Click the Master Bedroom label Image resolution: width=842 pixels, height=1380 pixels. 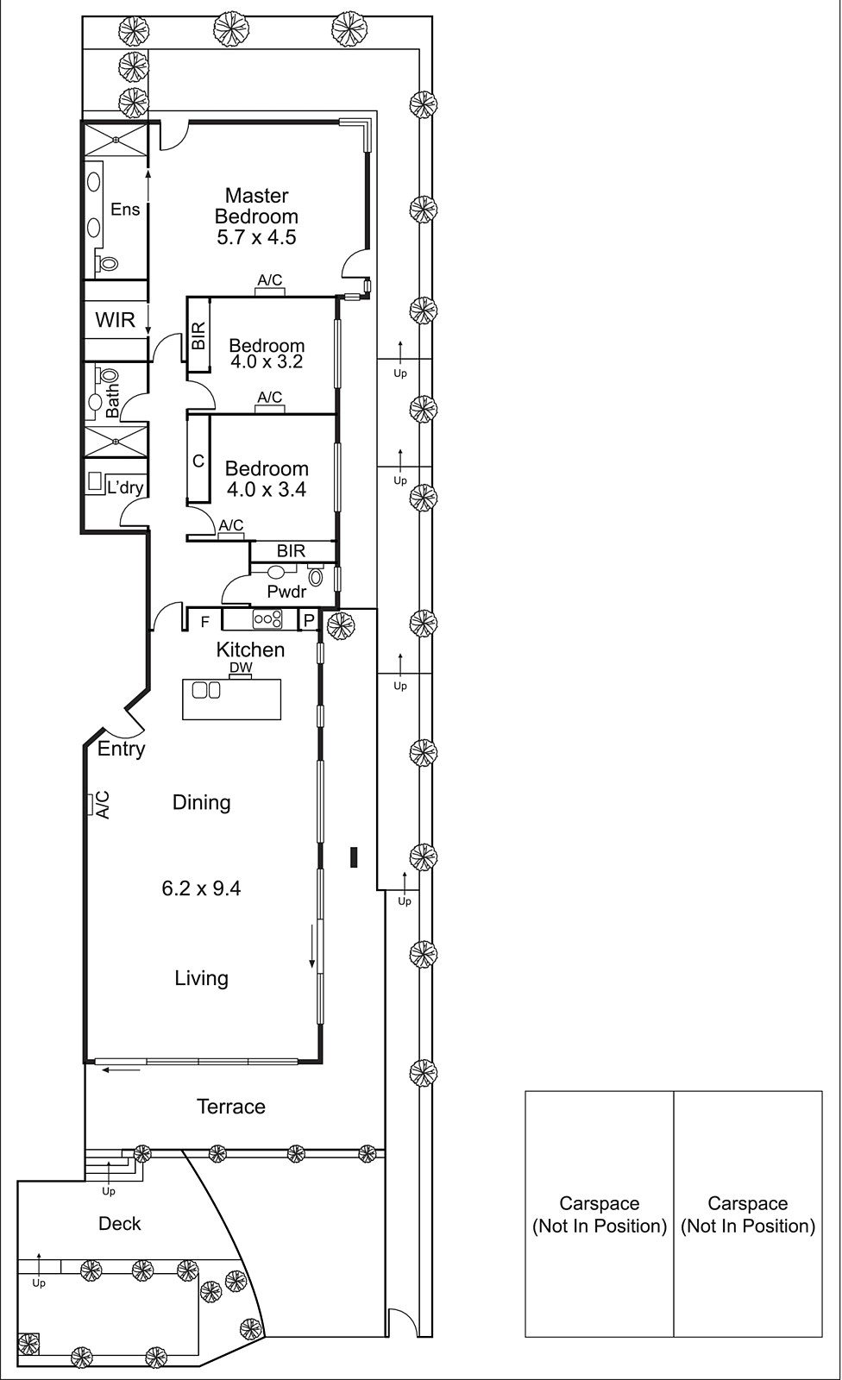[x=256, y=206]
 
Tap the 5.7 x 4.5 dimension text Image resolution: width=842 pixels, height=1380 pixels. [x=256, y=238]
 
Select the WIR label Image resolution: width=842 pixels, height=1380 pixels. [x=115, y=321]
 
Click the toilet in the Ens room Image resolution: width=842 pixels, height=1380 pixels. [x=107, y=263]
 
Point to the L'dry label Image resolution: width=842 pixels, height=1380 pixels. [x=124, y=487]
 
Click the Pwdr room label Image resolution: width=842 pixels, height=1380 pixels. [x=286, y=592]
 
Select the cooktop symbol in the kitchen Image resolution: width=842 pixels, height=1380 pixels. [x=267, y=618]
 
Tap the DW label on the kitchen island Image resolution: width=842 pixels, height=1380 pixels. [x=241, y=668]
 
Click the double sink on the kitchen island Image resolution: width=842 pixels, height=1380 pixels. [x=206, y=690]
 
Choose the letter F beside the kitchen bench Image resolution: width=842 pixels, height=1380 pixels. [x=205, y=621]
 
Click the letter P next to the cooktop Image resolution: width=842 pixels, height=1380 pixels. [x=308, y=621]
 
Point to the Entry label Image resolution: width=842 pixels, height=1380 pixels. [x=121, y=749]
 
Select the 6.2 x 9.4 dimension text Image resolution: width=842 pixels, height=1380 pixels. [x=201, y=888]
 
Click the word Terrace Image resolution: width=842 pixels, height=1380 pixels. [x=230, y=1107]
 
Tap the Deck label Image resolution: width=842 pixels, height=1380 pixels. [x=119, y=1223]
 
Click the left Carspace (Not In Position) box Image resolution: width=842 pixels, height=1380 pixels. [x=600, y=1214]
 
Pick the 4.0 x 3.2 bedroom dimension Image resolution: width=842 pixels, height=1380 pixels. [x=267, y=362]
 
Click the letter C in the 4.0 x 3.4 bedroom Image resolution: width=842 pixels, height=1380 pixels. [x=198, y=461]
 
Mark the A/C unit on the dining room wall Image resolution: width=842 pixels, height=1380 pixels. [x=89, y=805]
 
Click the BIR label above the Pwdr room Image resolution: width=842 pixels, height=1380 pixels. [x=291, y=550]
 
